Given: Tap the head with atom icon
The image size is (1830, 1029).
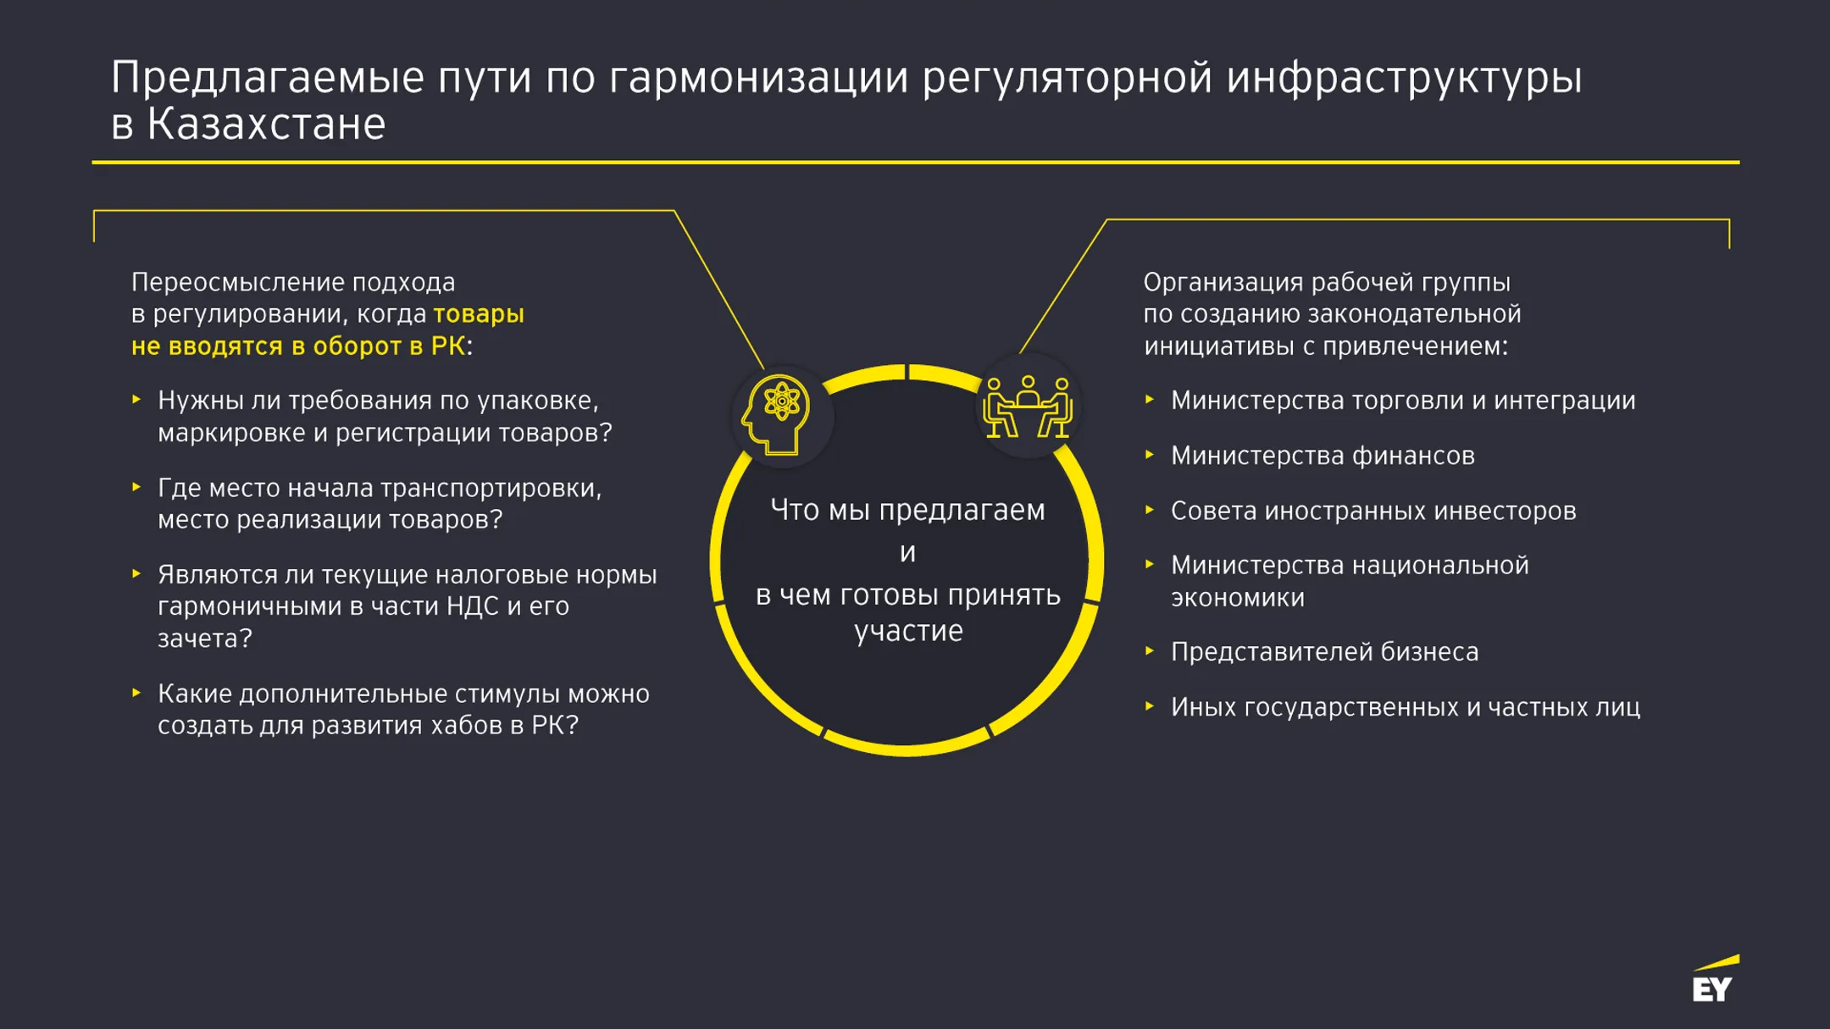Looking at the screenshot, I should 777,415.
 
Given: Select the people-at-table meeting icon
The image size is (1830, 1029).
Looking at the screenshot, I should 1027,407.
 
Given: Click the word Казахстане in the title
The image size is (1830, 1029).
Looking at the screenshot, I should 266,124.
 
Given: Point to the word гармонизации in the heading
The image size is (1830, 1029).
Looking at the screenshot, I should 757,78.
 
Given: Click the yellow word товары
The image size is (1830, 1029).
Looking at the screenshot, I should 479,313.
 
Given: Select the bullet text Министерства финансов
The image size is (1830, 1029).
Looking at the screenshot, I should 1322,456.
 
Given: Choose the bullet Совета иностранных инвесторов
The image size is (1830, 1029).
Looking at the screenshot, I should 1372,511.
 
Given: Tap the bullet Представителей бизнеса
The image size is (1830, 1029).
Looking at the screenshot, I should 1324,651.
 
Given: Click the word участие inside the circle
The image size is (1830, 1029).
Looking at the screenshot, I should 907,631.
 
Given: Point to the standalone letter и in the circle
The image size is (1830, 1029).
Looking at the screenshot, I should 907,553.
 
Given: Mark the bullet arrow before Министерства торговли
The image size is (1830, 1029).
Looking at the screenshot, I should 1150,400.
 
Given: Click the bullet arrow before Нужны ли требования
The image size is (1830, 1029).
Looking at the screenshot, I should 136,400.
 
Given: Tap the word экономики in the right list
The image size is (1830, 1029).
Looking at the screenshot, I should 1237,598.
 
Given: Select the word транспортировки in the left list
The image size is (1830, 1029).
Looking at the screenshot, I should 491,488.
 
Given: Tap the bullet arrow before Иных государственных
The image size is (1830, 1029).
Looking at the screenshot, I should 1150,706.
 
